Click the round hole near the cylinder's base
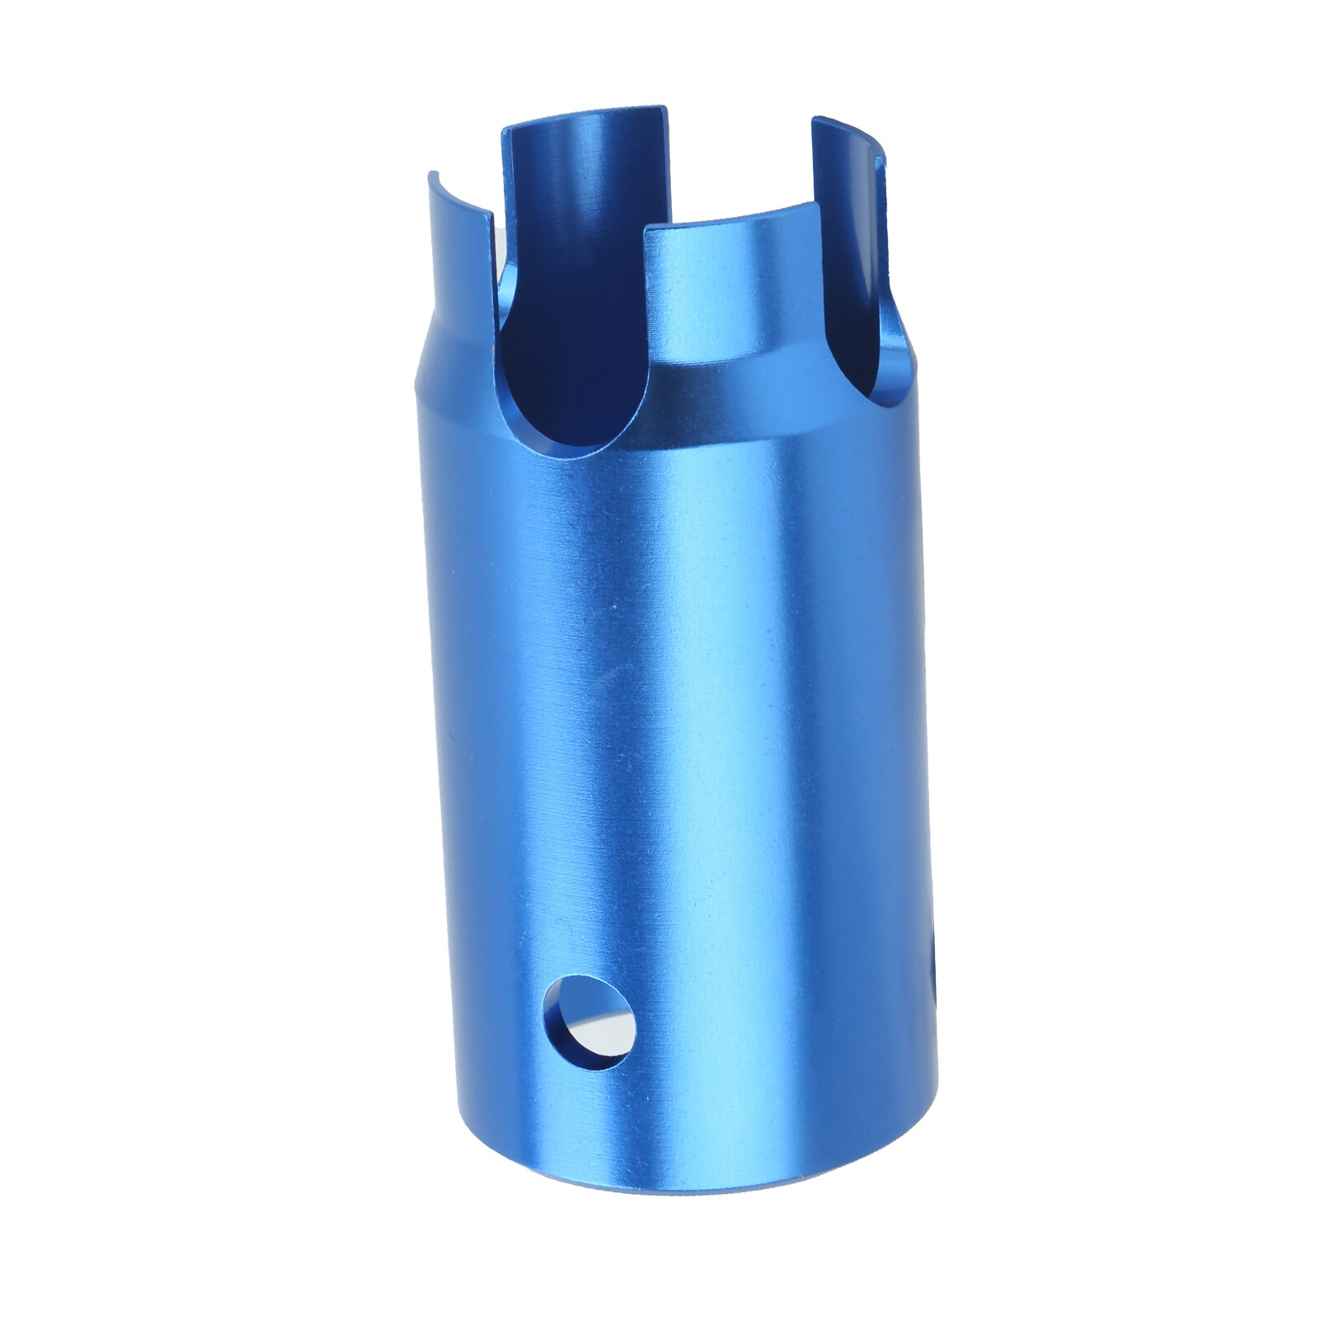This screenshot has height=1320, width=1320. click(590, 1023)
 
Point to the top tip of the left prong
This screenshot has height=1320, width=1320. click(433, 175)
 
